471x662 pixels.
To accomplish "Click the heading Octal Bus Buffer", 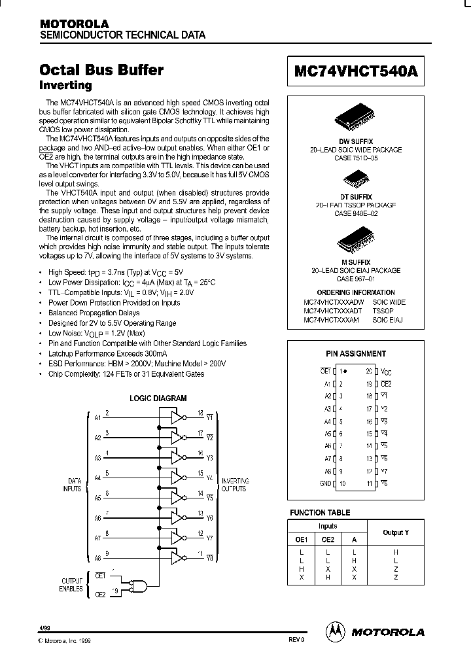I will tap(101, 70).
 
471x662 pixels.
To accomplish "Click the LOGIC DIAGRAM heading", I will tap(158, 398).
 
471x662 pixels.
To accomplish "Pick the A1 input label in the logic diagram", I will tap(97, 417).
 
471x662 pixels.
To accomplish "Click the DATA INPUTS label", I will tap(72, 485).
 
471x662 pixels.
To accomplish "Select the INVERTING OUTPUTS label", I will tap(234, 485).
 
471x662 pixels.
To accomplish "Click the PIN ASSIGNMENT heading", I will tap(356, 354).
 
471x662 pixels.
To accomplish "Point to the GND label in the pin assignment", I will tap(324, 483).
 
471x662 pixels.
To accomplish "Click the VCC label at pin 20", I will tap(386, 371).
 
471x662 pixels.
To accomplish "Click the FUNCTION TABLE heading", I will tap(320, 513).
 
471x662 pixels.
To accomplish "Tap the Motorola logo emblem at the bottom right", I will tap(334, 631).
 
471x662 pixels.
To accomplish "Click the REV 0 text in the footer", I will tap(296, 639).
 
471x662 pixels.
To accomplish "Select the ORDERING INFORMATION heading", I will tap(356, 292).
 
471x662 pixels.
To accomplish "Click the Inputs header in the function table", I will tap(327, 526).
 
